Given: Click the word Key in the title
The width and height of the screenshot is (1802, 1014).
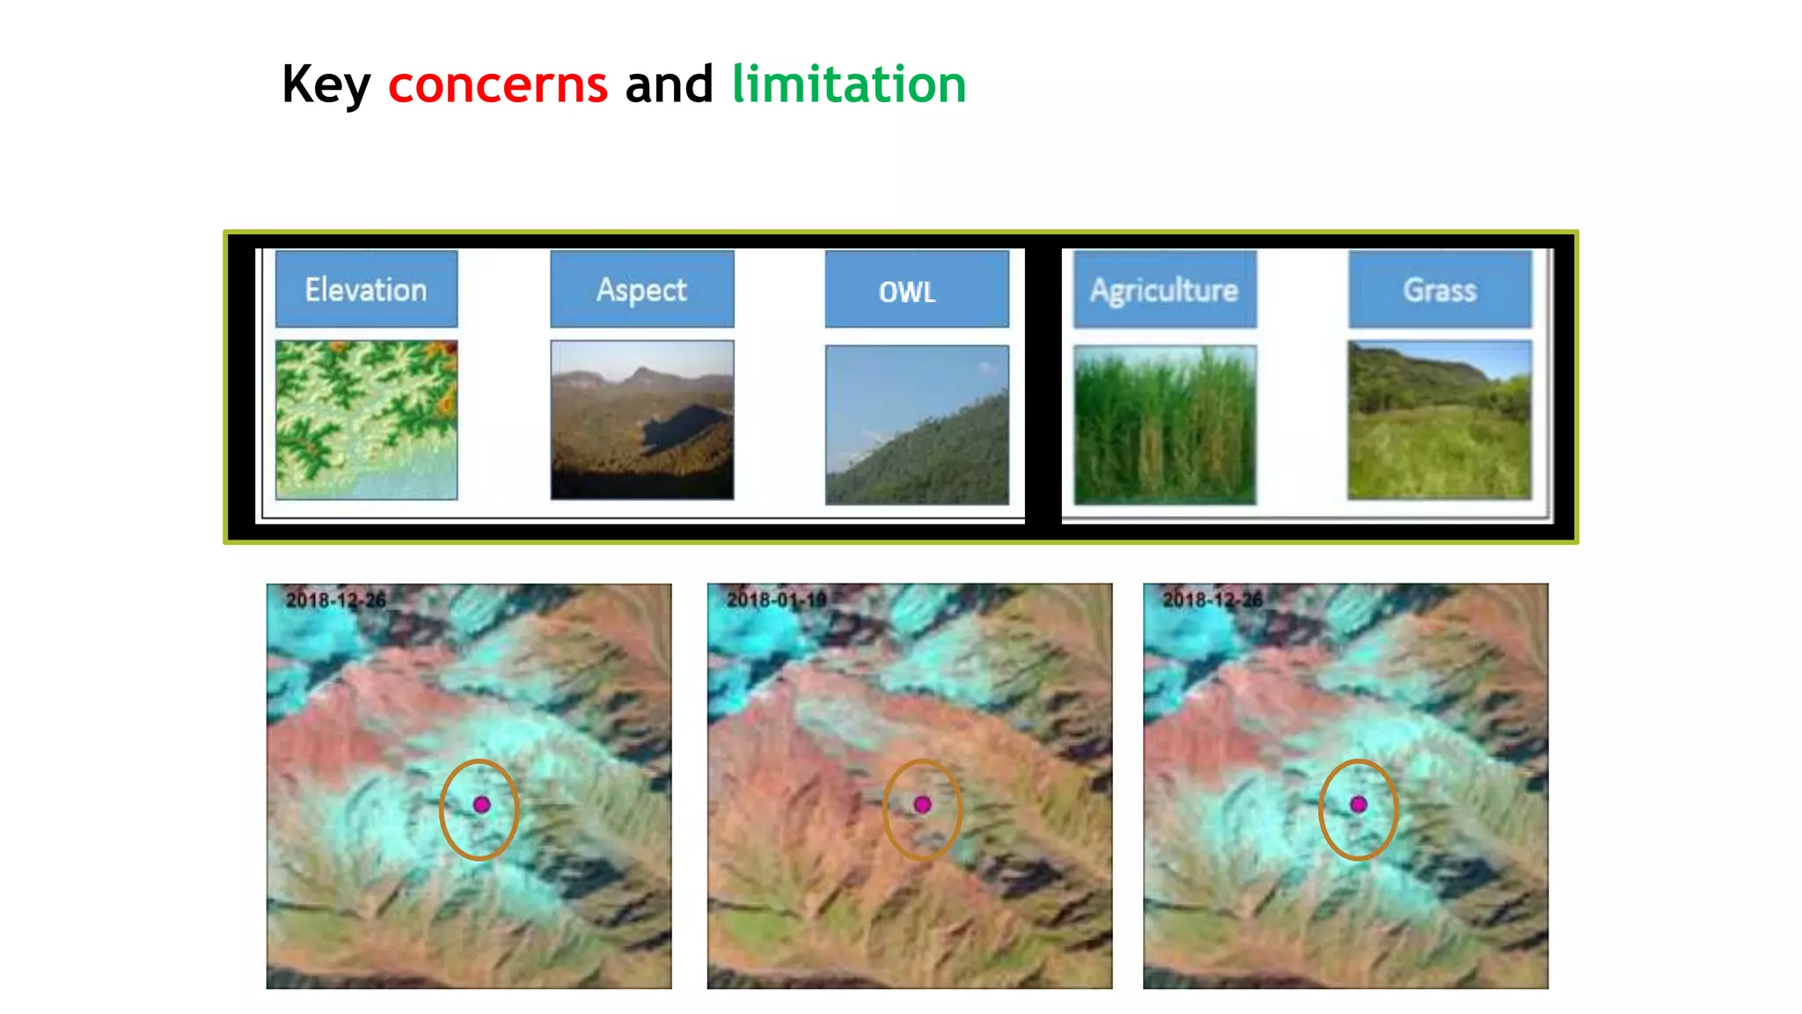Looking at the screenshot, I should (x=326, y=85).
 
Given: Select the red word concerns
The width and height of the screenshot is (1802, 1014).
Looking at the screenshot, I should (x=498, y=84).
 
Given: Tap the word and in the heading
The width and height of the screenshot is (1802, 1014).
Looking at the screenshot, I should (x=669, y=84).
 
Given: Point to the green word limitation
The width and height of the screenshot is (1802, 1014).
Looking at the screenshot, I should (x=849, y=84).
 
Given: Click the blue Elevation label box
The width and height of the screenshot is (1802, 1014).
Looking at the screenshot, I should (x=366, y=290).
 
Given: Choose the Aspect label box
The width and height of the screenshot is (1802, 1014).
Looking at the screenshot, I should (x=641, y=290).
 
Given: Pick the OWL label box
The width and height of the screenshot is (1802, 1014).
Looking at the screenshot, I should (x=916, y=290).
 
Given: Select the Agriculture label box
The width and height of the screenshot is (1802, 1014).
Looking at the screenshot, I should (x=1164, y=290).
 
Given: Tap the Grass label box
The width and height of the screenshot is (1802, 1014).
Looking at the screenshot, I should (x=1439, y=290).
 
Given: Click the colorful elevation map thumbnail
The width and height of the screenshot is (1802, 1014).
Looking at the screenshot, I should (x=366, y=420).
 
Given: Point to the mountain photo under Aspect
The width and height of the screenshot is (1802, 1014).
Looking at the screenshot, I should (x=641, y=420).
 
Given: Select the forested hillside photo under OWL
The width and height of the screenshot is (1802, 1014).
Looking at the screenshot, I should (x=916, y=424).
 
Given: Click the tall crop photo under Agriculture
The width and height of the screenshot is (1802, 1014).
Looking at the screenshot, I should (x=1164, y=424).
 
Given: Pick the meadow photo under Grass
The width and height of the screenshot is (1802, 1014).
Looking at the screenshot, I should (x=1439, y=420).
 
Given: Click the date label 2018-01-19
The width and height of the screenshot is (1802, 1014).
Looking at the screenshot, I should (x=776, y=600).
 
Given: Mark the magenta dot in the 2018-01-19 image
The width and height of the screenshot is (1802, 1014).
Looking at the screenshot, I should (x=922, y=805).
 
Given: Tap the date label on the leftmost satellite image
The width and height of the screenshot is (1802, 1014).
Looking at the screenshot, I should (x=335, y=600).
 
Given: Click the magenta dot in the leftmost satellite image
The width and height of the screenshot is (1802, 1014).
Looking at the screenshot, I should (x=481, y=805).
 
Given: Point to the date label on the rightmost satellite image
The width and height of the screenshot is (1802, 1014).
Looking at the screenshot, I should (x=1212, y=600).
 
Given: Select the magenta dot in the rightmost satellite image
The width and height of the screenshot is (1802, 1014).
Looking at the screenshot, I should (x=1359, y=805).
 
